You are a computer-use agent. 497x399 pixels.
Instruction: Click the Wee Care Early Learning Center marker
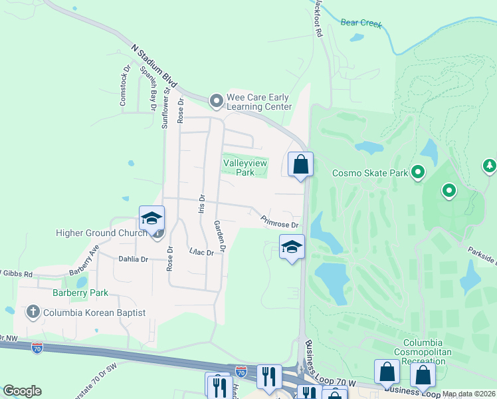[216, 101]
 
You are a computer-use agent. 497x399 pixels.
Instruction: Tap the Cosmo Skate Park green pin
[418, 173]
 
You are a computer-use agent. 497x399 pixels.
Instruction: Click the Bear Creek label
[361, 23]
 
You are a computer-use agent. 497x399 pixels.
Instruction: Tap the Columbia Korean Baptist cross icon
[32, 311]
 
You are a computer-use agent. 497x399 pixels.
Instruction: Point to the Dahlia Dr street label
[133, 259]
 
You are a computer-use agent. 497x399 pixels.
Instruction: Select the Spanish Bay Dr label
[148, 88]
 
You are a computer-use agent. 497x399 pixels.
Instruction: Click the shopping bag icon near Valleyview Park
[300, 164]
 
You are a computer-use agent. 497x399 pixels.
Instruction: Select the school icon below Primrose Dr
[291, 247]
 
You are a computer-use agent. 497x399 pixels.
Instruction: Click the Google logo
[22, 391]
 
